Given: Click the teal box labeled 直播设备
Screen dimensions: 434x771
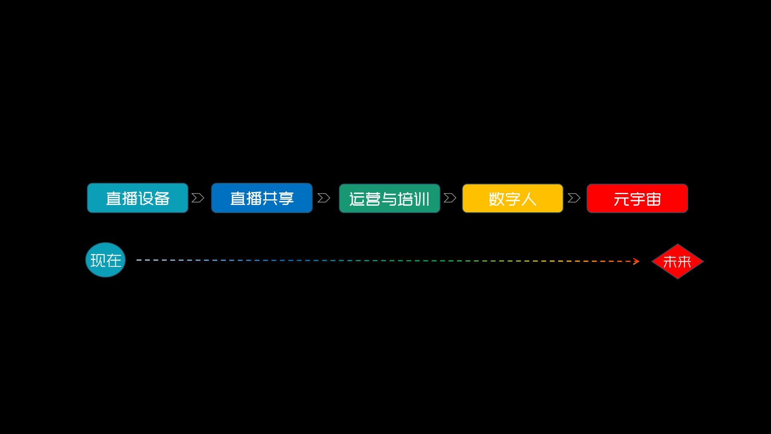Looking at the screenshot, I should (137, 198).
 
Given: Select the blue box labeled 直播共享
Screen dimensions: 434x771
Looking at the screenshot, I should (261, 198).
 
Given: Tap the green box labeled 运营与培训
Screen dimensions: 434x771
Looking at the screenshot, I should (389, 198).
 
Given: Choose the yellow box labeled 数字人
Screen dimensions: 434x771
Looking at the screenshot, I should (512, 198).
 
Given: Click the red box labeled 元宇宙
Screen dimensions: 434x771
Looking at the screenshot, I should (637, 198).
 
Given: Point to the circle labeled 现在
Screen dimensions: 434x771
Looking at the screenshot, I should (106, 260).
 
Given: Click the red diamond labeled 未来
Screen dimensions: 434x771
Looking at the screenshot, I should (677, 261).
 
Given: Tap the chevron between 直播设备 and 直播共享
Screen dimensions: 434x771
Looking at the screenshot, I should (198, 198).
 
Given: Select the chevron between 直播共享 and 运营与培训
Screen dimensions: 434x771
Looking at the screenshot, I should (324, 198).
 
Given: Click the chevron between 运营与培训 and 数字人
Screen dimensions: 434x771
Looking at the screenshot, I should (450, 198).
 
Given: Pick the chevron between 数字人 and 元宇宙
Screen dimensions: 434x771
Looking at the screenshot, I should (574, 198).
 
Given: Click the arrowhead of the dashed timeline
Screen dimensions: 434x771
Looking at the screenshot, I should (636, 262).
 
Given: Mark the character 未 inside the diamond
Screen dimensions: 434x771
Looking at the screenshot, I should (670, 262).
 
